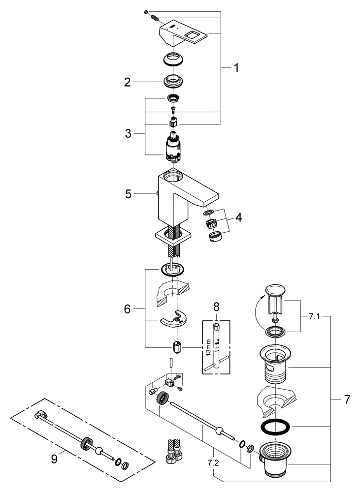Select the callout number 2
click(x=128, y=82)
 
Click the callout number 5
click(x=128, y=194)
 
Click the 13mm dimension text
click(x=209, y=347)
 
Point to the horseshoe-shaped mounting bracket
click(x=173, y=320)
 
